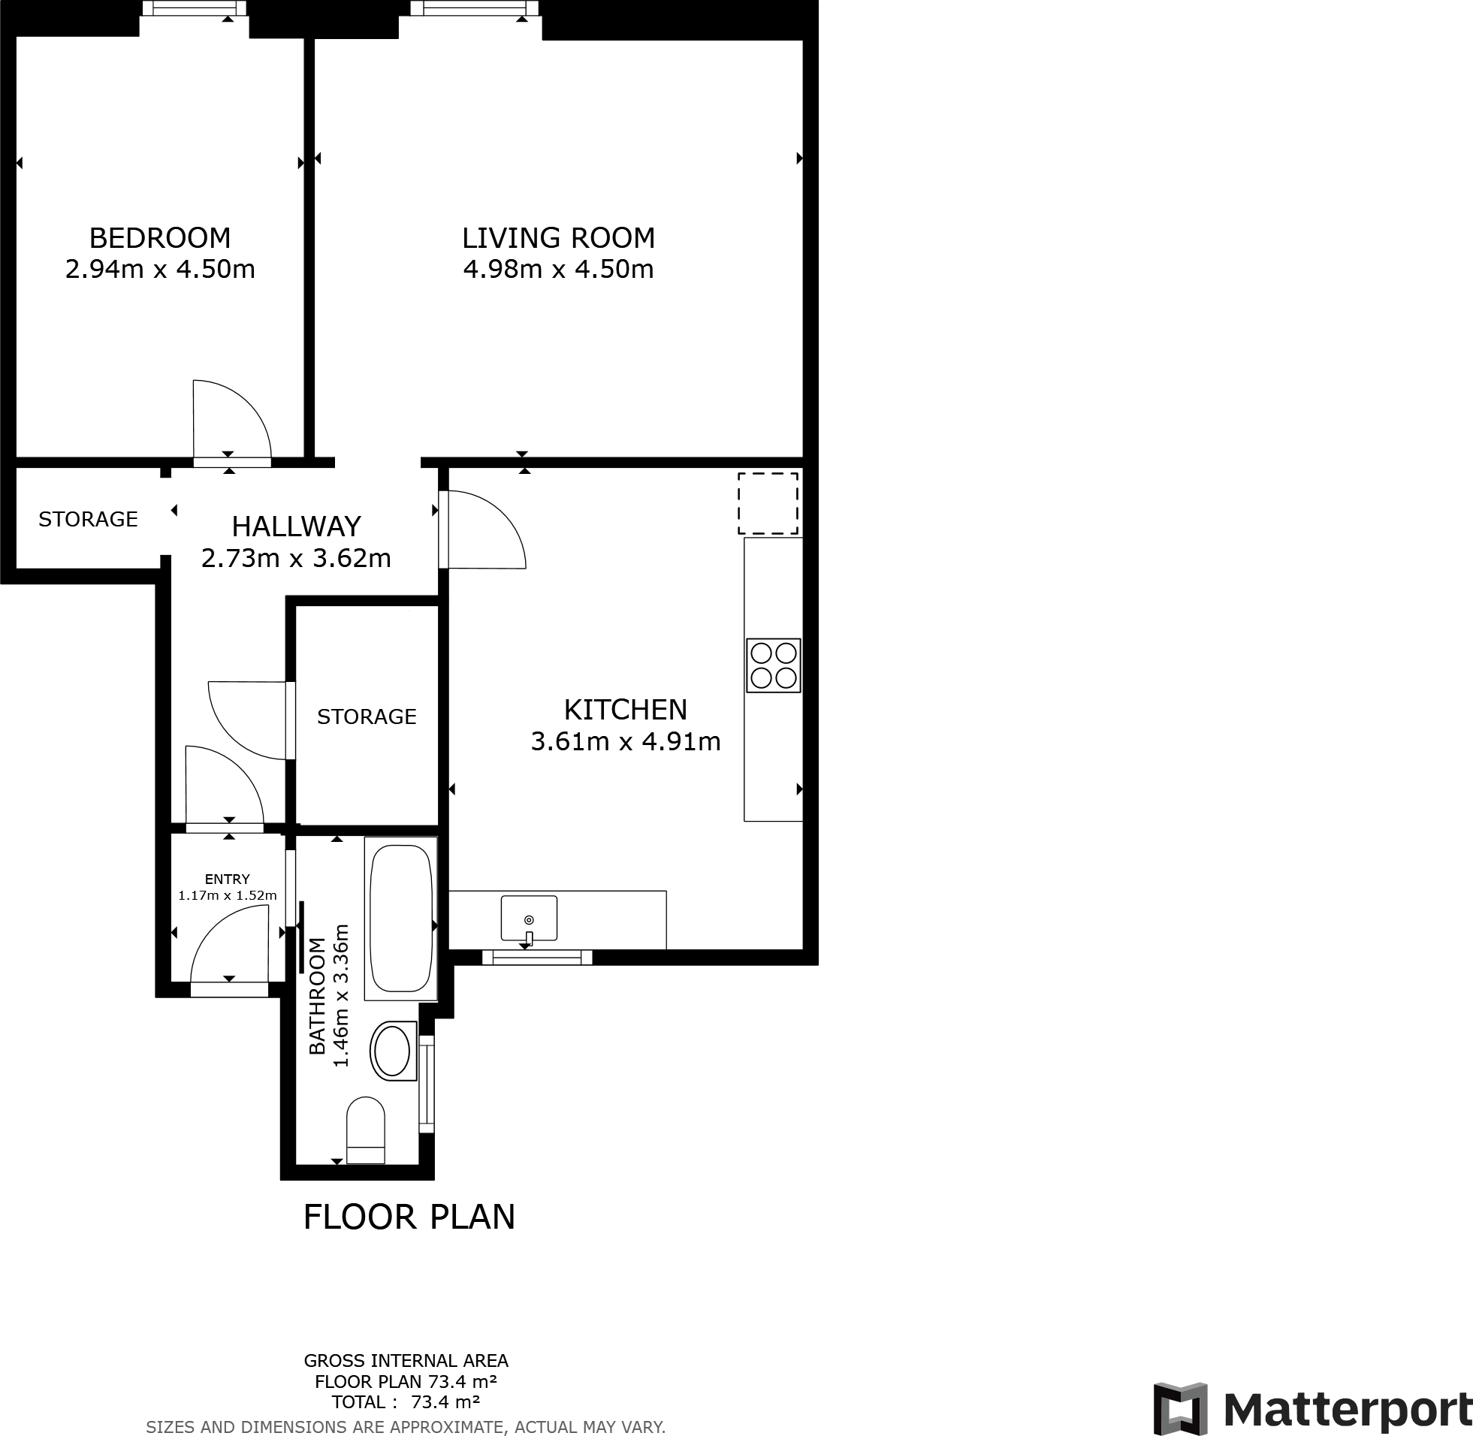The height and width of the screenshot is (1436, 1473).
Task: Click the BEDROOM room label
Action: click(160, 238)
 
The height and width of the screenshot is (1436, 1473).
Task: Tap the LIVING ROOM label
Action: click(558, 238)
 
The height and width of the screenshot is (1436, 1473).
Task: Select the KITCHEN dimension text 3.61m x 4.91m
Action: click(625, 742)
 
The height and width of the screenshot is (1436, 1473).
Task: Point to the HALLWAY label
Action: click(297, 526)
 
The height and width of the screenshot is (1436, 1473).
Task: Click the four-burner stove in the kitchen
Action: click(773, 665)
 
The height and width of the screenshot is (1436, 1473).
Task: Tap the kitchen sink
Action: click(529, 919)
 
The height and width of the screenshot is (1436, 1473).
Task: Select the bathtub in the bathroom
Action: click(400, 917)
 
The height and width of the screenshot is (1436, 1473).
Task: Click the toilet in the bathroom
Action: click(366, 1130)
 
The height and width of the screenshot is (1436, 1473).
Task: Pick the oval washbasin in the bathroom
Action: click(393, 1051)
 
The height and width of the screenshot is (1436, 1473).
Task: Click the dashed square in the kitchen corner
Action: click(768, 504)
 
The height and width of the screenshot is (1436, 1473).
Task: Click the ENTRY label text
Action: click(227, 879)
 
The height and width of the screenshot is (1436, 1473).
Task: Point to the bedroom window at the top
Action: click(195, 9)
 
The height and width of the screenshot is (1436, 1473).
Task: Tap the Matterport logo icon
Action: click(1179, 1410)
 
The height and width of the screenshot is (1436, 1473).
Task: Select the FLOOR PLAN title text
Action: click(409, 1217)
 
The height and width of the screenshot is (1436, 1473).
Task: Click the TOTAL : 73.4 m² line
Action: click(406, 1402)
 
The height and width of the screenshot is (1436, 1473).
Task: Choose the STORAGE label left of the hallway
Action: click(88, 520)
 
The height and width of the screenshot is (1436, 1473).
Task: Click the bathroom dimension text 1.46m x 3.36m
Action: click(342, 994)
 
